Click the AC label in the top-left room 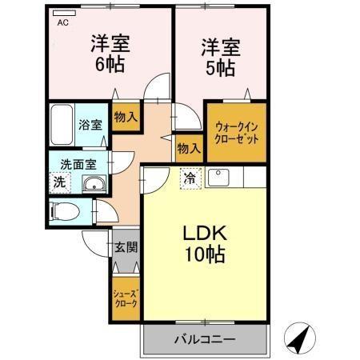pos(62,23)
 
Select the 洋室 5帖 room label pos(218,57)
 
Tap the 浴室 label pos(89,126)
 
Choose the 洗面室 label pos(78,165)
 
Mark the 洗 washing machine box pos(60,182)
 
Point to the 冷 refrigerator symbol pos(190,177)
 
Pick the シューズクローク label pos(126,298)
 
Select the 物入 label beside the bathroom pos(126,118)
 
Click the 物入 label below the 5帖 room pos(188,149)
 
